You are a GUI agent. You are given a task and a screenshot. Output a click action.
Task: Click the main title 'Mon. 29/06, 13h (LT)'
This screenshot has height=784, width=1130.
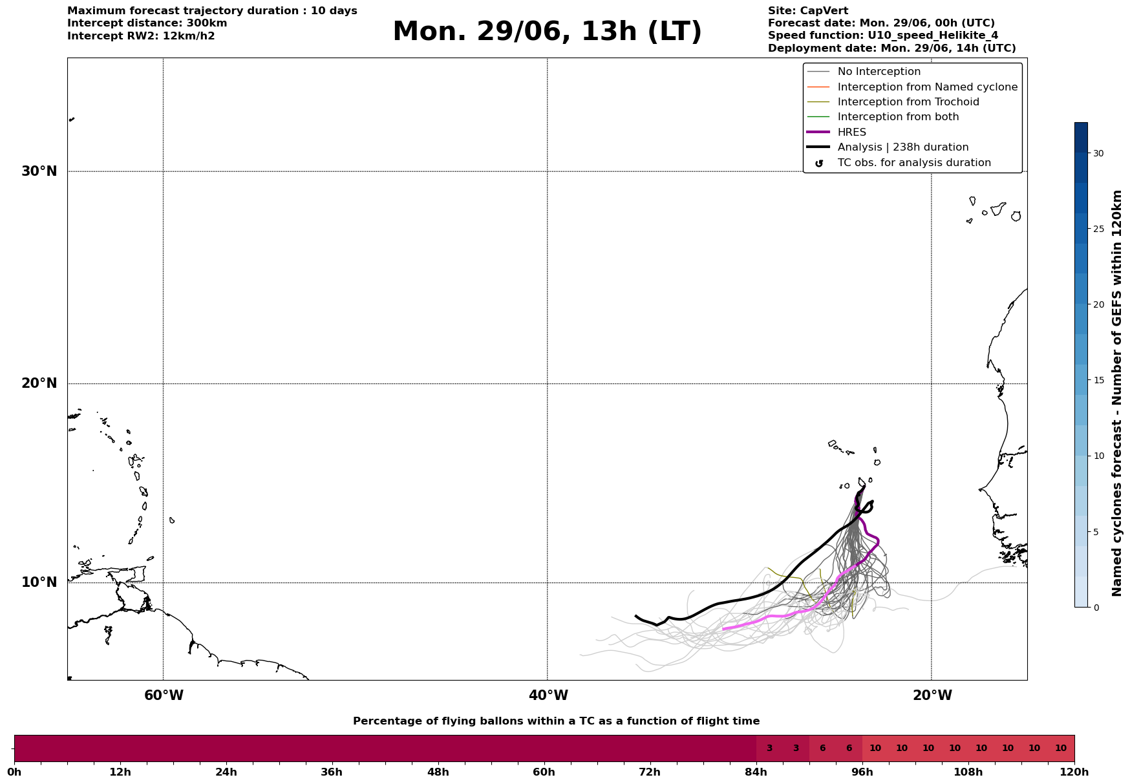click(x=547, y=32)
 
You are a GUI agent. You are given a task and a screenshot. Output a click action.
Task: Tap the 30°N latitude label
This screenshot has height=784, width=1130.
click(x=39, y=171)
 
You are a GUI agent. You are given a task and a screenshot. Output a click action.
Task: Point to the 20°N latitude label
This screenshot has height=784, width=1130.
click(x=39, y=383)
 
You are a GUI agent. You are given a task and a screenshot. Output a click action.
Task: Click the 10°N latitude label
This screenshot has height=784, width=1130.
click(x=39, y=582)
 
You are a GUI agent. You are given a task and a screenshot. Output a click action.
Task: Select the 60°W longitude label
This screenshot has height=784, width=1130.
click(x=164, y=695)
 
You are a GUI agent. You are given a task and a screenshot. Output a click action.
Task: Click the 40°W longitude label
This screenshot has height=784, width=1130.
click(x=548, y=695)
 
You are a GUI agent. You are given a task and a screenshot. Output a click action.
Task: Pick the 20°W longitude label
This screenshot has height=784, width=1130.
click(x=932, y=695)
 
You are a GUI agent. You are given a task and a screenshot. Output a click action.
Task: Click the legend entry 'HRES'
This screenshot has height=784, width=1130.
click(x=852, y=132)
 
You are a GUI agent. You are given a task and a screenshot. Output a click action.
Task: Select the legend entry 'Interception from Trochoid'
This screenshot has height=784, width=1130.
click(x=908, y=102)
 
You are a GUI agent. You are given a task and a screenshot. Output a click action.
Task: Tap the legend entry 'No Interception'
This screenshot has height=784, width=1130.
click(x=879, y=72)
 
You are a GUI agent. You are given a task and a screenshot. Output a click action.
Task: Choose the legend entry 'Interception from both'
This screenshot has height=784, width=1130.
click(x=899, y=117)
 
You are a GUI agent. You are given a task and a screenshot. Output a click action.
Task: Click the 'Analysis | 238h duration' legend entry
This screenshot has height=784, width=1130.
click(x=903, y=147)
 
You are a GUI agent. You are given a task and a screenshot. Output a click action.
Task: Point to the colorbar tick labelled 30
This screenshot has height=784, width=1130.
click(x=1098, y=153)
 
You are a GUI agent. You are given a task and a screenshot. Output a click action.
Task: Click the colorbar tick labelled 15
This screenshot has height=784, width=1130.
click(x=1098, y=380)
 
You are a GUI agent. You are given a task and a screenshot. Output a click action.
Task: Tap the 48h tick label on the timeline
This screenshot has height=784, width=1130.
click(x=438, y=772)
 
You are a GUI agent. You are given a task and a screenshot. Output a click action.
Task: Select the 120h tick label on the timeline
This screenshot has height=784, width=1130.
click(x=1074, y=772)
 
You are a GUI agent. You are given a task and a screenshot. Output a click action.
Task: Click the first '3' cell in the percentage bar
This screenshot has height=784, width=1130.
click(x=769, y=748)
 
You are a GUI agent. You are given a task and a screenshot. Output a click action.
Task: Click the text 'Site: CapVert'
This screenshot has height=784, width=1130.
click(x=808, y=11)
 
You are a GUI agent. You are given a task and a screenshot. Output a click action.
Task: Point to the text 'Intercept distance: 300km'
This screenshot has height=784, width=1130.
click(x=147, y=23)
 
